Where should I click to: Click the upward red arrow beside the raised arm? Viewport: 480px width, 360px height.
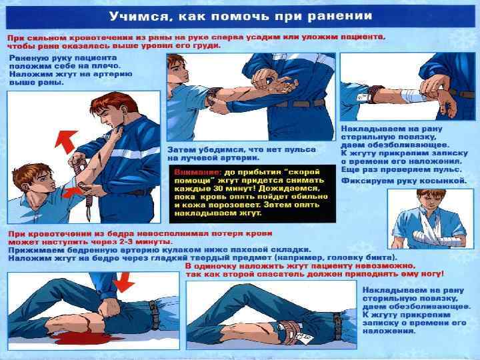tap(65, 141)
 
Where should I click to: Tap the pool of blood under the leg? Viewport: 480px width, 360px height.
tap(83, 337)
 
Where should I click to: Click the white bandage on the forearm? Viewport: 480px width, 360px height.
tap(413, 95)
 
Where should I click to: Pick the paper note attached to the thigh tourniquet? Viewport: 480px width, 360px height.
tap(306, 338)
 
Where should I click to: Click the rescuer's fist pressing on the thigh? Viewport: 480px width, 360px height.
tap(108, 308)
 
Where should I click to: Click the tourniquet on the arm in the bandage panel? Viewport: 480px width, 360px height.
tap(375, 94)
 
